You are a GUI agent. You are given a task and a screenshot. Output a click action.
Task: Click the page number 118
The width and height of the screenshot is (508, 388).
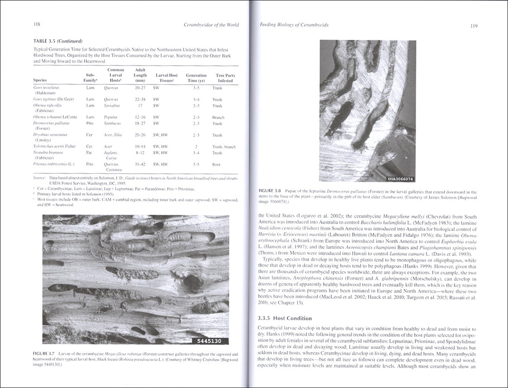pyautogui.click(x=36, y=24)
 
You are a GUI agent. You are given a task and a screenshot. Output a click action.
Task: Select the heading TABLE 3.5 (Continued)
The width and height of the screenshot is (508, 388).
pyautogui.click(x=58, y=41)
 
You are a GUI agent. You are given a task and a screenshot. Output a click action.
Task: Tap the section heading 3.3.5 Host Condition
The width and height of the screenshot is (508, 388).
pyautogui.click(x=285, y=318)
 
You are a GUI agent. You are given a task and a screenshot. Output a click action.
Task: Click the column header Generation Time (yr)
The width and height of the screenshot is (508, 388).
pyautogui.click(x=196, y=78)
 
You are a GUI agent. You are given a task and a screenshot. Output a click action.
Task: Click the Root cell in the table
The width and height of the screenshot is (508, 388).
pyautogui.click(x=217, y=164)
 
